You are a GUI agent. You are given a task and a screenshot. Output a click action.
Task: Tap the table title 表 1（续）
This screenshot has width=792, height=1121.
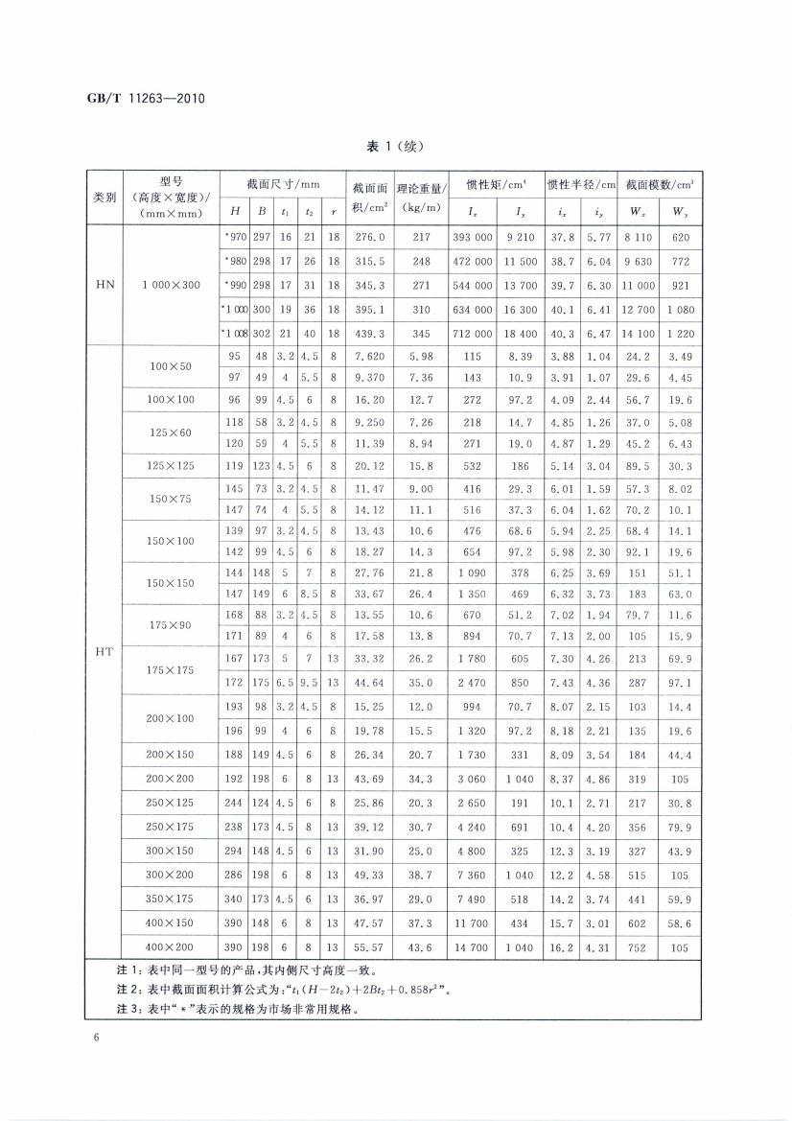tap(395, 147)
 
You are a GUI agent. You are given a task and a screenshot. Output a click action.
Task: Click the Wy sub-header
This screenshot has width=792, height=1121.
tap(681, 211)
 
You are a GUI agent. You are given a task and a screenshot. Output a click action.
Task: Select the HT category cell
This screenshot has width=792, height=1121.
tap(105, 651)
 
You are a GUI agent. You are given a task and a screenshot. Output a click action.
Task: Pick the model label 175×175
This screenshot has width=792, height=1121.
tap(171, 670)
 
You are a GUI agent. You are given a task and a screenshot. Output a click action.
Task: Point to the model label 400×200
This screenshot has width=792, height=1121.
tap(171, 946)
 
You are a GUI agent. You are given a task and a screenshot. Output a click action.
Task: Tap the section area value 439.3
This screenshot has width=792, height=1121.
tap(369, 333)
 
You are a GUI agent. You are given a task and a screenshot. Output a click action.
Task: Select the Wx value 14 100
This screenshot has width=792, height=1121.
tap(640, 333)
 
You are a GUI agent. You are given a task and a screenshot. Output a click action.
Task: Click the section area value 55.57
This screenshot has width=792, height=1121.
tap(369, 946)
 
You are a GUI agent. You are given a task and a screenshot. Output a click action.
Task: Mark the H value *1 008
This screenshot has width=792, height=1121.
tap(234, 333)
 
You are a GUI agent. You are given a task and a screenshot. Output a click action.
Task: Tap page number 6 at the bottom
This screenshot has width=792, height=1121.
tap(97, 1037)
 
